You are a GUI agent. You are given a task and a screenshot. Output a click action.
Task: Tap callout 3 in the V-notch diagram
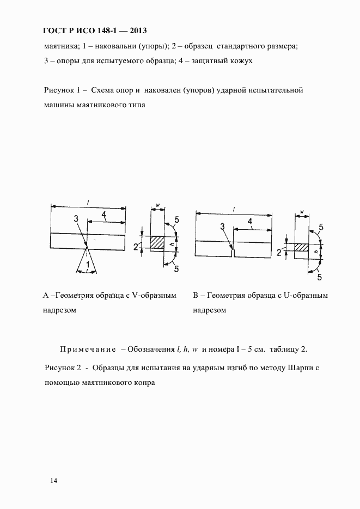[76, 218]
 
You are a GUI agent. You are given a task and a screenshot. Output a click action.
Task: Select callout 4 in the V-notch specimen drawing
[103, 216]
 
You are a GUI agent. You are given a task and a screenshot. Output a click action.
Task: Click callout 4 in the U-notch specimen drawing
[250, 221]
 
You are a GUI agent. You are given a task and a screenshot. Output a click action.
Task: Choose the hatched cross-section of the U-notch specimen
[302, 248]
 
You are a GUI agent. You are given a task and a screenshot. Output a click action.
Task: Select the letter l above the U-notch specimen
[233, 209]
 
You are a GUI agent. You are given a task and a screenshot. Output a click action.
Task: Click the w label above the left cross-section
[157, 205]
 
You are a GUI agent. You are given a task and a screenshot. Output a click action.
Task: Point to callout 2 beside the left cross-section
[136, 247]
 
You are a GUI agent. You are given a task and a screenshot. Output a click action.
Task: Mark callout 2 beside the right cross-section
[279, 252]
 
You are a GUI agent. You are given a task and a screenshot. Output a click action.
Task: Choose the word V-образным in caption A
[155, 296]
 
